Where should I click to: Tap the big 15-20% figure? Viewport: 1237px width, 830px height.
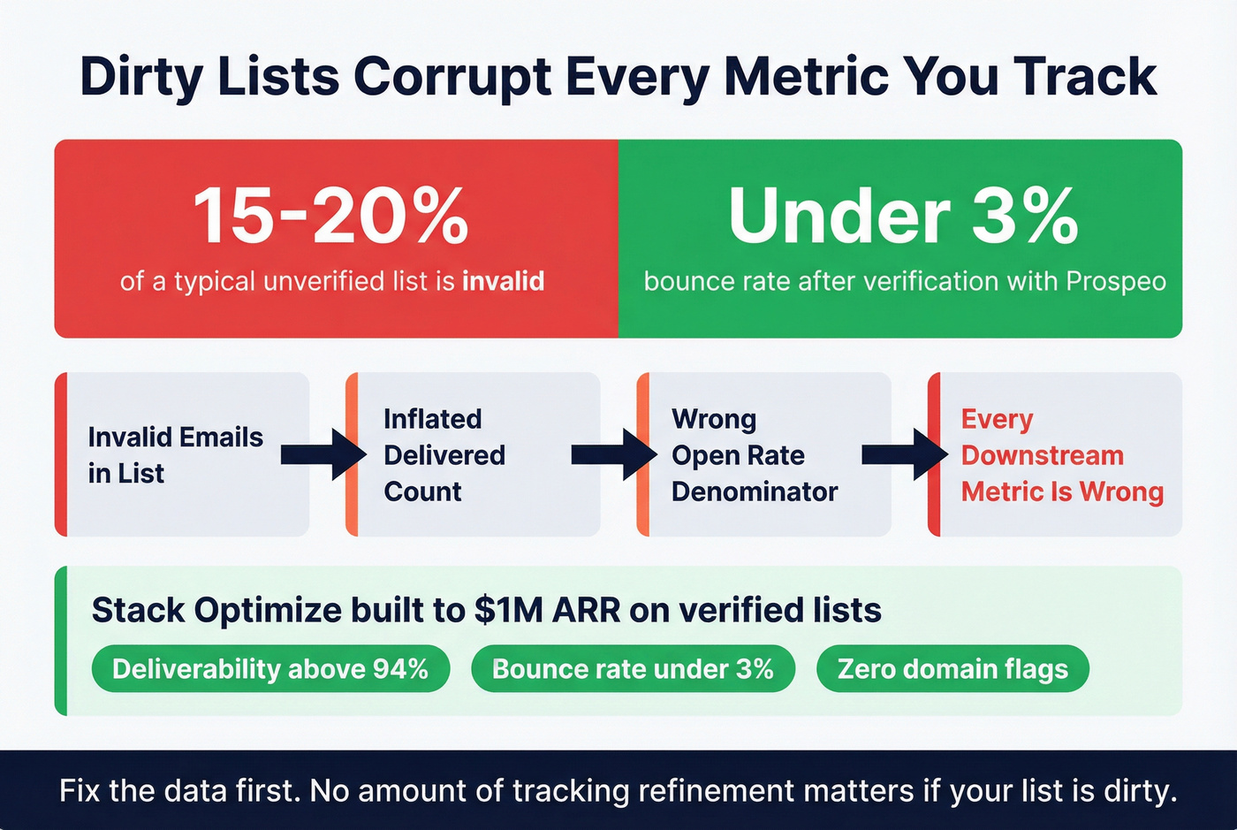330,216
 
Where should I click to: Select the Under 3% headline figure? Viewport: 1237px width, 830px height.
903,216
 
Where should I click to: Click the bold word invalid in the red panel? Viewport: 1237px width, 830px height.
503,281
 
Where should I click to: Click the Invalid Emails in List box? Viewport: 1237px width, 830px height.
182,454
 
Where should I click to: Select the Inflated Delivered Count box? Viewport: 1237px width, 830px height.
473,454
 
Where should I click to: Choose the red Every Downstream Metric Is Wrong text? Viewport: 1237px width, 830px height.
1061,454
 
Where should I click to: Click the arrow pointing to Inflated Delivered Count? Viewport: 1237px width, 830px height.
323,454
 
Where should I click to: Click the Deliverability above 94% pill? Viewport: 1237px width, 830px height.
270,669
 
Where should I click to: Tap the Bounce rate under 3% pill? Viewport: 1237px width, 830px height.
633,669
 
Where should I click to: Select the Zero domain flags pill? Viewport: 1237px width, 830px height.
952,669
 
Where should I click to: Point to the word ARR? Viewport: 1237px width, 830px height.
588,611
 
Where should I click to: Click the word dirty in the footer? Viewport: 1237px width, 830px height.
1139,790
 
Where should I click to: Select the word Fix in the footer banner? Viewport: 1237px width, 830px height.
78,790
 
